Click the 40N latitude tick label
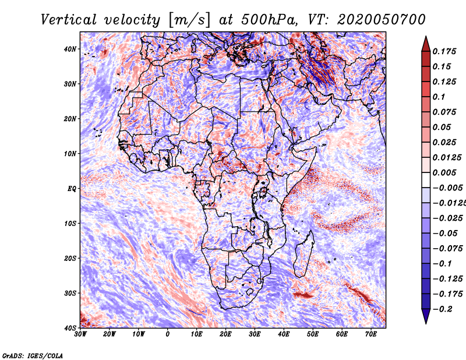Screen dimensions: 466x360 click(70, 49)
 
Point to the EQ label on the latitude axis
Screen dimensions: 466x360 click(72, 189)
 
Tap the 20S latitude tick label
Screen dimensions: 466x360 click(70, 258)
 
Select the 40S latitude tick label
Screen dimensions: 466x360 click(70, 328)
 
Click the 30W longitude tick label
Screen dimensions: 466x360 click(80, 334)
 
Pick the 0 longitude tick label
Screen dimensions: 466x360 click(168, 334)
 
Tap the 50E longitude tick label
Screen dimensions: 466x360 click(313, 334)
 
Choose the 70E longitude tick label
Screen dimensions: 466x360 click(371, 334)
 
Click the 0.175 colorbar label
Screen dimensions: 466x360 click(444, 52)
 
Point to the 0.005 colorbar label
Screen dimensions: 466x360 click(444, 172)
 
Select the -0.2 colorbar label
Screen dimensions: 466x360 click(442, 309)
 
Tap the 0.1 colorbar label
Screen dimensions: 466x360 click(439, 97)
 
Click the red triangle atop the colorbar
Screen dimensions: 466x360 click(426, 44)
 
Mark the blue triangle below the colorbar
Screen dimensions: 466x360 click(426, 316)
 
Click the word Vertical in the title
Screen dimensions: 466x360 click(69, 20)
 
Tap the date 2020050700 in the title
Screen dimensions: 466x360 click(382, 20)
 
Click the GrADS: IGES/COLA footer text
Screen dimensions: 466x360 click(33, 356)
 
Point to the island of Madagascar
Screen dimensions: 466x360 click(304, 254)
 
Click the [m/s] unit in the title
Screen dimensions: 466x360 click(189, 20)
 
